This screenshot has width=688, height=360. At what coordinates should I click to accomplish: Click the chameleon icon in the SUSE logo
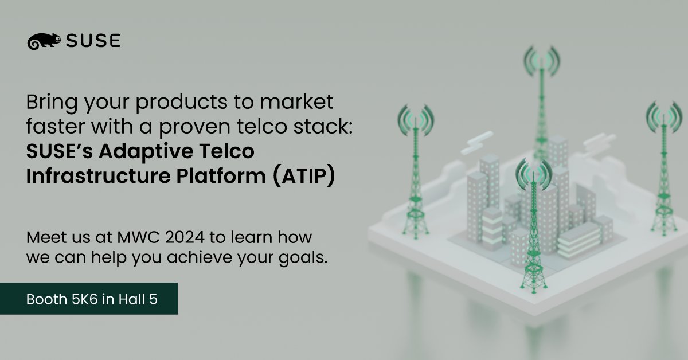pyautogui.click(x=44, y=41)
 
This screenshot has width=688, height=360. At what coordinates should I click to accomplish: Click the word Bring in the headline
pyautogui.click(x=49, y=103)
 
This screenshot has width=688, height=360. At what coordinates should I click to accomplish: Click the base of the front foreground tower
pyautogui.click(x=533, y=281)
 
